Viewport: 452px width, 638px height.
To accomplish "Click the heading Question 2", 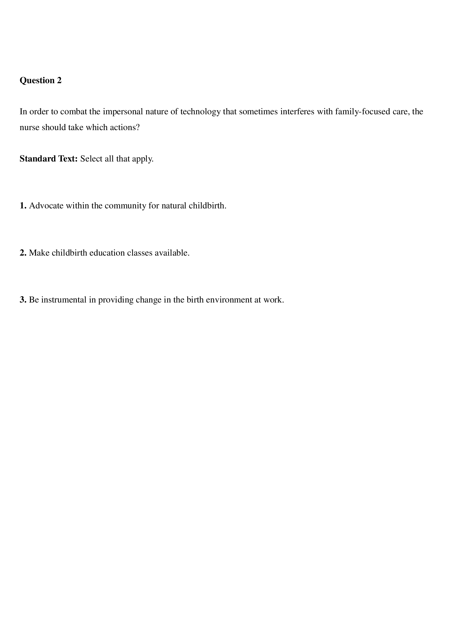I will point(41,80).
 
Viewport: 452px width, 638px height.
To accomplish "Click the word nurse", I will point(29,127).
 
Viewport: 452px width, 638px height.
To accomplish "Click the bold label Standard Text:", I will point(49,159).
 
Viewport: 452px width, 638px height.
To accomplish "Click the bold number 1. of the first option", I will point(23,206).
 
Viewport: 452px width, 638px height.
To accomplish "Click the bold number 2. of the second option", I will point(23,253).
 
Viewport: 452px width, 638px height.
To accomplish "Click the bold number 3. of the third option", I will point(23,300).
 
